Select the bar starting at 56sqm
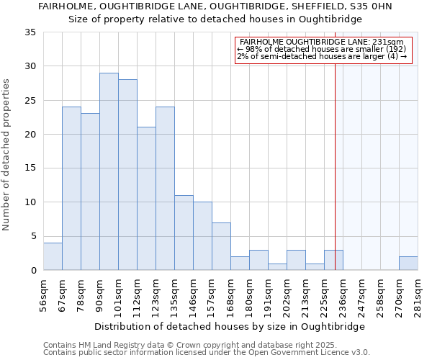click(53, 256)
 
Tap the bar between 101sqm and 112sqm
click(127, 175)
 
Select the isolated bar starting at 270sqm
click(408, 264)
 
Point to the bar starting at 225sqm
click(333, 260)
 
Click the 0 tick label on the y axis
click(32, 270)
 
